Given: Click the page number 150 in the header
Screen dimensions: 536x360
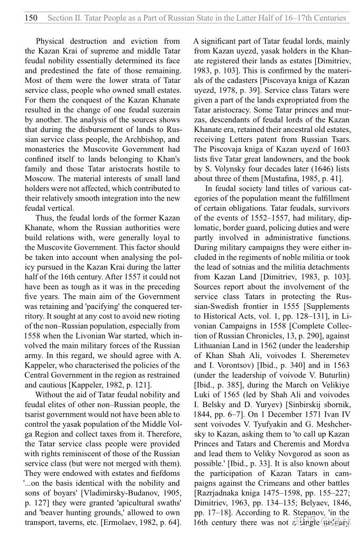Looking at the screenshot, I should click(x=31, y=18).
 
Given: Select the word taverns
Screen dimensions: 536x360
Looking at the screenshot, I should click(x=72, y=522).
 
